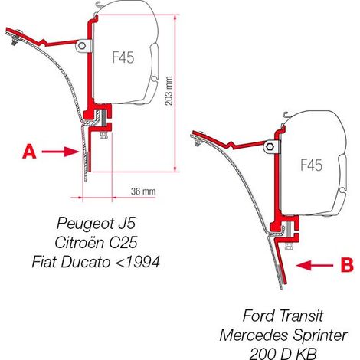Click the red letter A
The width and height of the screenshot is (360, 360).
tap(29, 152)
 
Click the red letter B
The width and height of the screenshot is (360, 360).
tap(347, 265)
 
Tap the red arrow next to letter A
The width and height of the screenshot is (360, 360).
tap(61, 152)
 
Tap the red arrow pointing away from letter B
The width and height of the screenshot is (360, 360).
tap(315, 266)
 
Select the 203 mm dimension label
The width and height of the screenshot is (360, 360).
tap(169, 91)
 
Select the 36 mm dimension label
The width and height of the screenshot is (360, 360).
tap(143, 191)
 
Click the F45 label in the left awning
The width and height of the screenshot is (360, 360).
tap(123, 57)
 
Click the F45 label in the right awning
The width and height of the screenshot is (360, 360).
tap(312, 165)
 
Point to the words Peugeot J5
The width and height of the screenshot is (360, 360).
tap(96, 223)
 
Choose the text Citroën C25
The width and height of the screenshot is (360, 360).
tap(96, 242)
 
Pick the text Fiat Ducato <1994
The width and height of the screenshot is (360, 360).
tap(96, 261)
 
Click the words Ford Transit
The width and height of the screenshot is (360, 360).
tap(283, 316)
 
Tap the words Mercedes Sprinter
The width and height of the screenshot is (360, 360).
tap(283, 335)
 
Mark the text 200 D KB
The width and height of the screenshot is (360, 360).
tap(283, 354)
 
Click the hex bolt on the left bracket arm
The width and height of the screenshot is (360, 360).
tap(82, 46)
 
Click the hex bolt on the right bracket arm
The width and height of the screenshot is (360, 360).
tap(270, 147)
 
